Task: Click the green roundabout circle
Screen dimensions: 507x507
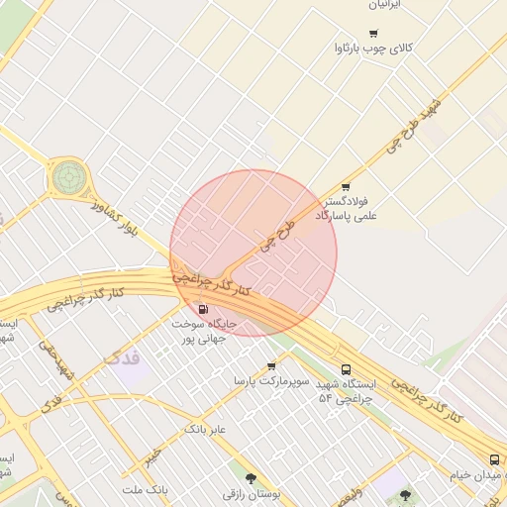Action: click(69, 179)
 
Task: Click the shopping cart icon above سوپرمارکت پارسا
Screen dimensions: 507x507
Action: click(271, 365)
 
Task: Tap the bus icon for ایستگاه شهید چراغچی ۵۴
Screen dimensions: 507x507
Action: click(345, 369)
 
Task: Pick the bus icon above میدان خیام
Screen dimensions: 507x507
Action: click(494, 458)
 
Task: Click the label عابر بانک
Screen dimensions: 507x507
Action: click(205, 429)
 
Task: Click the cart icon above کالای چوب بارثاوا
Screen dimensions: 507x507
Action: click(373, 33)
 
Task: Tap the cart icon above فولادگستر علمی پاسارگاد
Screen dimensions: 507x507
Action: click(345, 186)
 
